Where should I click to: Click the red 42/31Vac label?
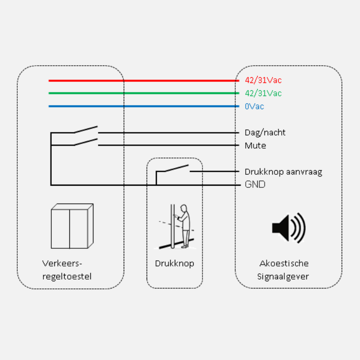263,80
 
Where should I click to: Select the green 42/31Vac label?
263,93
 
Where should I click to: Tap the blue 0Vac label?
254,106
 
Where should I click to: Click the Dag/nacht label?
265,133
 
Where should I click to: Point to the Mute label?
255,146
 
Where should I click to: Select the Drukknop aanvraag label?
283,172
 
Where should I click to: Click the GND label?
255,185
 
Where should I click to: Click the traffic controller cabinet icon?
72,226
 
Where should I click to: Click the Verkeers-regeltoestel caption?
67,270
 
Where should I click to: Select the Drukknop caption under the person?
174,263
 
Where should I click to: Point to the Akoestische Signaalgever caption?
284,270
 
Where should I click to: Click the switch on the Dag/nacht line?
86,129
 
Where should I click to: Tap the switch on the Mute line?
86,142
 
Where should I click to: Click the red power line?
141,81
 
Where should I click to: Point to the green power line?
141,93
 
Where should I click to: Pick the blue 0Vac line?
141,106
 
